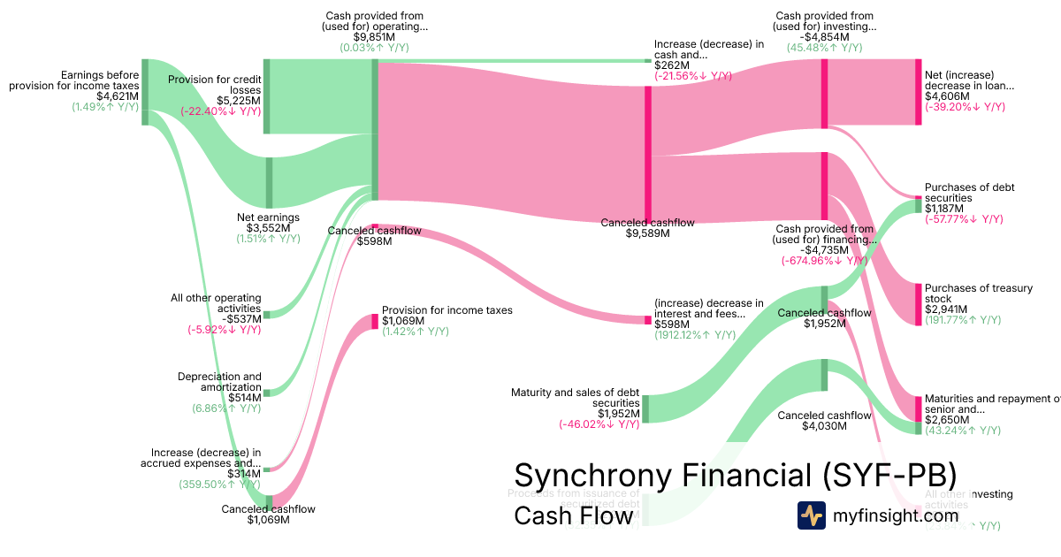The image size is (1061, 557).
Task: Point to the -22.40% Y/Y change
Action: point(220,111)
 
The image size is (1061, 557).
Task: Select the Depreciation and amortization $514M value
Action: point(244,398)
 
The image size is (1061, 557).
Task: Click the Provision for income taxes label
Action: point(447,310)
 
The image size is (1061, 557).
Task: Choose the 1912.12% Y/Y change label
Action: point(694,335)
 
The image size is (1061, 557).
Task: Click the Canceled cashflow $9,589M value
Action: point(647,233)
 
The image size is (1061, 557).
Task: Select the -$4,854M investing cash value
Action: point(824,37)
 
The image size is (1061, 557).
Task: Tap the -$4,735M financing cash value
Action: point(824,250)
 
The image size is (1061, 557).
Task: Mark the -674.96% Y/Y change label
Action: point(824,261)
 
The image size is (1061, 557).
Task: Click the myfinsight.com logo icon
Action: point(811,515)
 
